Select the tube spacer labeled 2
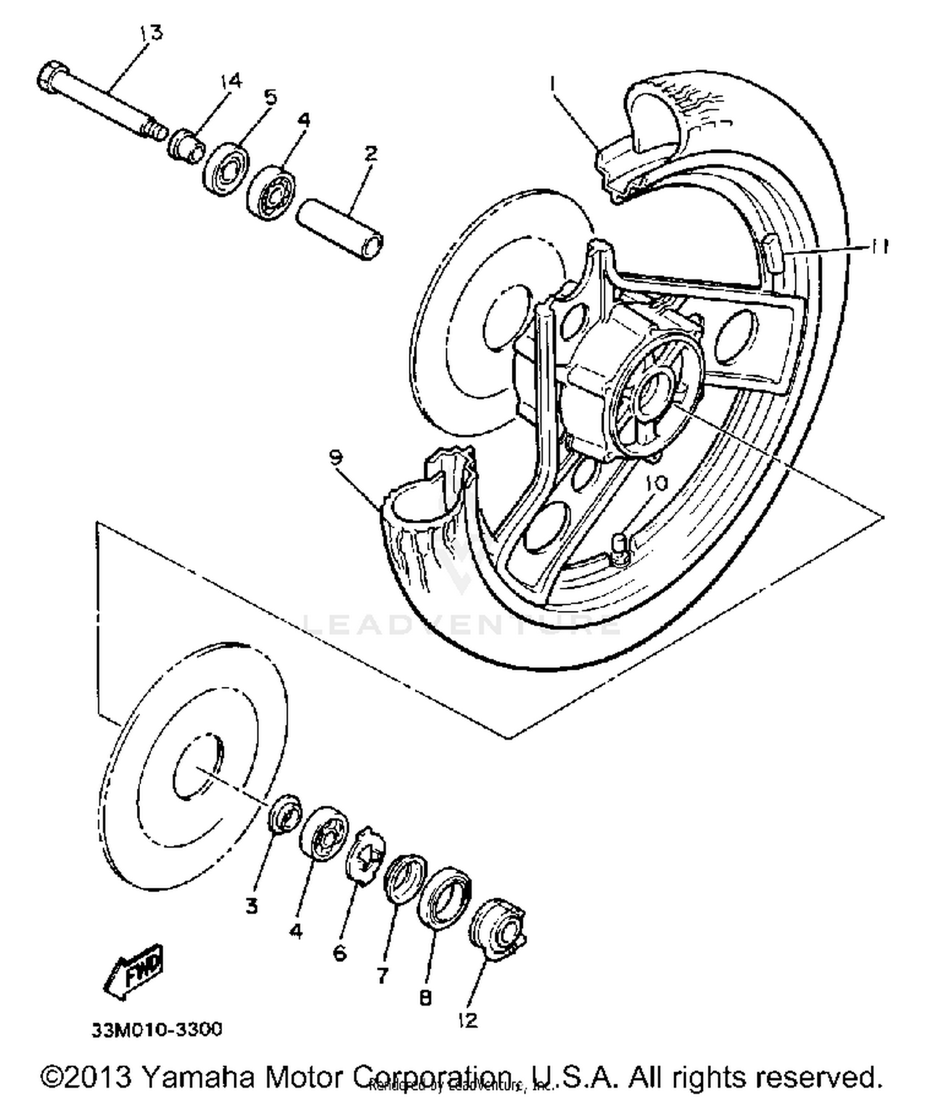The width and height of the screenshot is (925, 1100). click(x=340, y=229)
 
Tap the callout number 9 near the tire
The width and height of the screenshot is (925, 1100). click(x=336, y=458)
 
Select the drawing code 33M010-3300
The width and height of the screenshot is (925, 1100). click(x=157, y=1030)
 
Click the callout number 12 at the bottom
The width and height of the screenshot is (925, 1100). click(x=468, y=1020)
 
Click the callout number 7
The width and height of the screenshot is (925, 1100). click(x=382, y=975)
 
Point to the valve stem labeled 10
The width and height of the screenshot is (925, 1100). click(x=619, y=548)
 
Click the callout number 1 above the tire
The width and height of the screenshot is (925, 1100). click(x=553, y=83)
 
